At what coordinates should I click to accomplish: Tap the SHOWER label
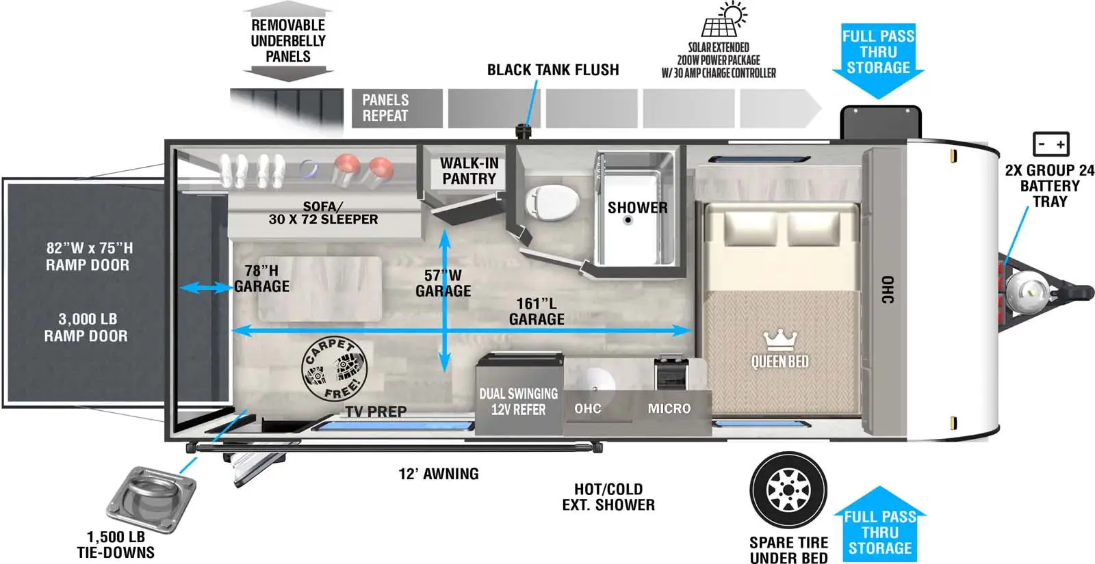click(x=637, y=207)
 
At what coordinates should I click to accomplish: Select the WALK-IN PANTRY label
click(x=469, y=171)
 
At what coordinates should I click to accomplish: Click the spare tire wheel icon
click(x=788, y=489)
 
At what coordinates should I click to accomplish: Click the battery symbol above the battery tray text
click(x=1050, y=144)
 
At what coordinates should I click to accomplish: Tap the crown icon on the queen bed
click(x=780, y=338)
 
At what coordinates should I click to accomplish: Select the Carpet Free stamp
click(x=334, y=369)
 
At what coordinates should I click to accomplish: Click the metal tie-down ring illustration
click(x=151, y=498)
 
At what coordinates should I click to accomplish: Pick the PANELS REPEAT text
click(x=385, y=108)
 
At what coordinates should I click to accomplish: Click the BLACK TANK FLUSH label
click(x=552, y=70)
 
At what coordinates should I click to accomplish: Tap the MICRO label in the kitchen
click(x=669, y=409)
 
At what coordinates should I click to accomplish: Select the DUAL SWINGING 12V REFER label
click(x=518, y=402)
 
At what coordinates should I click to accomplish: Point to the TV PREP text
click(x=376, y=412)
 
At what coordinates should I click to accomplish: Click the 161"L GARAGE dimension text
click(x=537, y=311)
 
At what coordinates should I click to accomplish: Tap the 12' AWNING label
click(x=439, y=474)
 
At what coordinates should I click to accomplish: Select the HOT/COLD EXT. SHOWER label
click(x=608, y=497)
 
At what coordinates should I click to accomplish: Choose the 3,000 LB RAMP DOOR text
click(x=87, y=327)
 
